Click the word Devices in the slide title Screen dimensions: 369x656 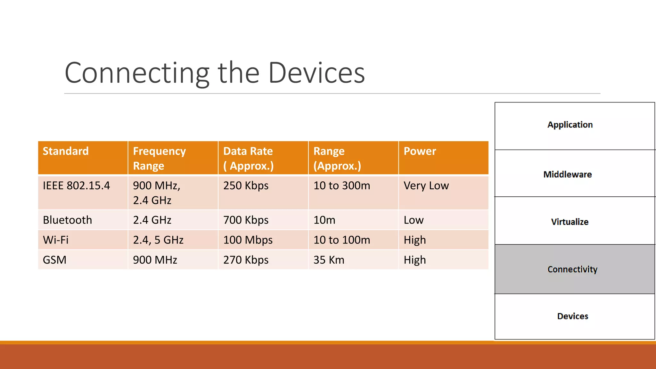tap(316, 73)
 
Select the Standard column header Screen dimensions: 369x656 tap(66, 151)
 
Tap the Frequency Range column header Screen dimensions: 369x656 tap(159, 158)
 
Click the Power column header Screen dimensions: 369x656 tap(420, 151)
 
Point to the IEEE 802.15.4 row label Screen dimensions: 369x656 tap(76, 186)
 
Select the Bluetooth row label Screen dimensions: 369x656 tap(67, 220)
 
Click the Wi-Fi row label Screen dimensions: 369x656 tap(56, 240)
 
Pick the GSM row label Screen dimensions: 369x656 tap(54, 260)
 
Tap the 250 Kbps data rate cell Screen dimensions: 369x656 tap(246, 186)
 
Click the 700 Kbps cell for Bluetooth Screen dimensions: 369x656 tap(246, 220)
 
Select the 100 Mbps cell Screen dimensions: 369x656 tap(248, 240)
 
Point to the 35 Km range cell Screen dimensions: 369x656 tap(329, 260)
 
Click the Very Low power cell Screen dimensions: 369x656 tap(426, 186)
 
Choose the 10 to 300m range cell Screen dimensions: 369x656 tap(341, 186)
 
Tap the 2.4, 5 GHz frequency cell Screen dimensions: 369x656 tap(158, 240)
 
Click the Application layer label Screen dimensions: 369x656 tap(570, 125)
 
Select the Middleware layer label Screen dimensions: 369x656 tap(567, 174)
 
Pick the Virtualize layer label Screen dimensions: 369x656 tap(570, 222)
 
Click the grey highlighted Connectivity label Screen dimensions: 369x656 tap(572, 269)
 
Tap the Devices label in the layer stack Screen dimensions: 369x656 tap(572, 316)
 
